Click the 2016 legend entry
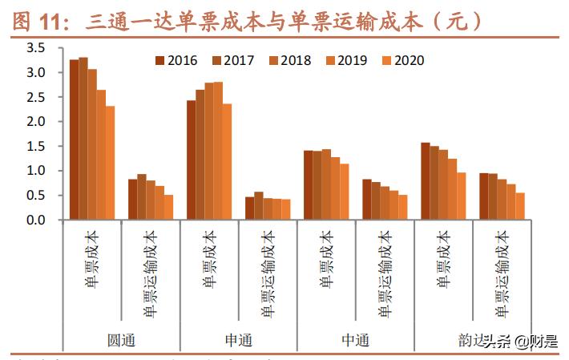click(x=176, y=60)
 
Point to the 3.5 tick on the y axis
click(x=35, y=48)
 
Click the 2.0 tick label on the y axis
click(x=35, y=122)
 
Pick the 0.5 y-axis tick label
click(x=35, y=195)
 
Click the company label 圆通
click(x=121, y=339)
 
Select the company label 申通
click(x=238, y=339)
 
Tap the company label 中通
click(x=356, y=339)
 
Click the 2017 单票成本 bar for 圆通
click(x=83, y=138)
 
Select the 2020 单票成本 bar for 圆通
click(x=111, y=163)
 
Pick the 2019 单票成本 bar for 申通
click(x=219, y=151)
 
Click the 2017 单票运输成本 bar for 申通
click(x=259, y=205)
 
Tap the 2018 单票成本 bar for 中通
click(x=326, y=184)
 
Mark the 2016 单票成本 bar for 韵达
click(x=426, y=181)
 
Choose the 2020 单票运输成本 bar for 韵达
click(x=520, y=206)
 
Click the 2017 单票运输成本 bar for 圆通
click(x=142, y=196)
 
